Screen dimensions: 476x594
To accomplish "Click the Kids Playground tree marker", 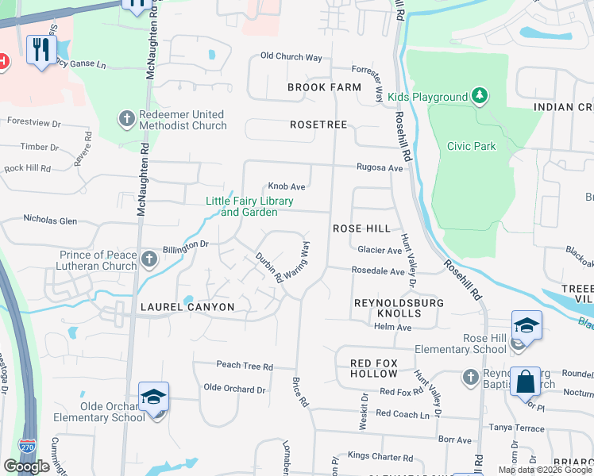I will click(479, 97).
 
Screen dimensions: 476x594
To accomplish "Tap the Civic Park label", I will click(472, 146).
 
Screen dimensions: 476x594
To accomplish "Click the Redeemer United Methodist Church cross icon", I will click(125, 120).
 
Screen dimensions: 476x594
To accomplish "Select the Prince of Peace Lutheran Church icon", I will click(148, 259).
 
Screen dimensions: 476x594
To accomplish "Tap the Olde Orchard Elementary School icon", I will click(153, 397).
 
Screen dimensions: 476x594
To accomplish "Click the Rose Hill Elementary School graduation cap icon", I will click(526, 325).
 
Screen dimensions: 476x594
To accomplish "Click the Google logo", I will click(26, 466).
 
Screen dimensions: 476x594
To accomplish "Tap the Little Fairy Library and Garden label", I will click(249, 206).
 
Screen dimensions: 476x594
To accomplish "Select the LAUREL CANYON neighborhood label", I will click(187, 307).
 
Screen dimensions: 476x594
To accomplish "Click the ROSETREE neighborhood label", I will click(319, 125).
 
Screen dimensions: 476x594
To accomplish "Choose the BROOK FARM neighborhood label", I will click(324, 87).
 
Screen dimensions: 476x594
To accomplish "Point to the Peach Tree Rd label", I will click(245, 367).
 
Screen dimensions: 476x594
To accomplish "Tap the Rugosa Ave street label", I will click(380, 167).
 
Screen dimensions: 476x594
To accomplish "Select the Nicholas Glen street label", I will click(50, 219).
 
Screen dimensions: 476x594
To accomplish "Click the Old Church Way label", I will click(291, 57).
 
